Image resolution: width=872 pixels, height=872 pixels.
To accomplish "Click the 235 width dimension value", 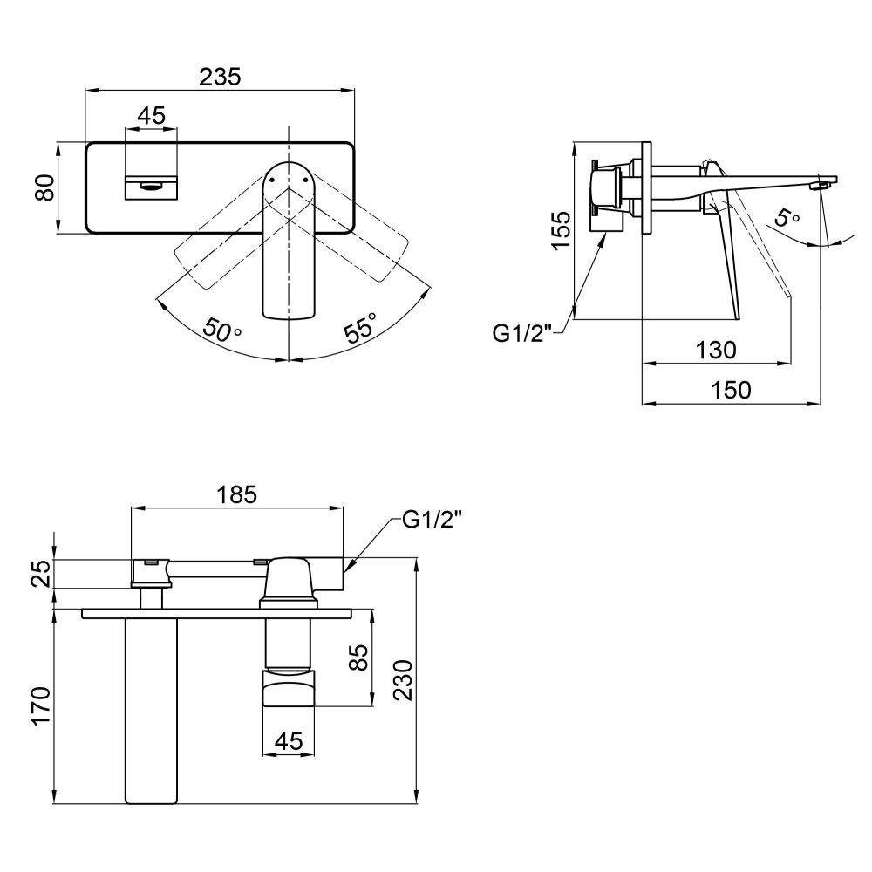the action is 221,77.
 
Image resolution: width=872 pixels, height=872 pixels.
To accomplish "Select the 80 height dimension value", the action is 45,187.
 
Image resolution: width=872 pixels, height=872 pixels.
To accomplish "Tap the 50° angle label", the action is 221,330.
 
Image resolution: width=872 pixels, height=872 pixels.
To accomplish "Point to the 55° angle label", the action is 361,328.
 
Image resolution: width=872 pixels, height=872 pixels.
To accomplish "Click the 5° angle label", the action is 787,217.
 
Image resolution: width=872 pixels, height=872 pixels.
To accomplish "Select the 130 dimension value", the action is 716,350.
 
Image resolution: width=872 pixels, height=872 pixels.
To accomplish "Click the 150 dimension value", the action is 731,390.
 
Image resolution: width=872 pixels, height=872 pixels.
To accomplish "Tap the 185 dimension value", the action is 237,494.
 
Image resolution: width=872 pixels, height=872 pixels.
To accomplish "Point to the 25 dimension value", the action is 42,574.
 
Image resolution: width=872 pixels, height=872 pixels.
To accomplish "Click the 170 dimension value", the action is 42,705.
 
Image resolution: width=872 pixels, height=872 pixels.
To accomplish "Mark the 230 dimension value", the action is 404,680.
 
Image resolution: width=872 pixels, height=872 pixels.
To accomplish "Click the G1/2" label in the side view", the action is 522,334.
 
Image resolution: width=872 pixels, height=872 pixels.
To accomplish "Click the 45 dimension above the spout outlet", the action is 151,116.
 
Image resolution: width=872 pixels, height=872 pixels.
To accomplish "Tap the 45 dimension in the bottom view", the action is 290,740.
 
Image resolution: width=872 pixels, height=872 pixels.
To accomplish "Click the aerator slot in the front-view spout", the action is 152,187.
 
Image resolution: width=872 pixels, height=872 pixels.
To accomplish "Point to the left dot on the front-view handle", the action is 272,180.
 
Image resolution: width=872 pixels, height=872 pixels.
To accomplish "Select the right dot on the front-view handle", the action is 305,180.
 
